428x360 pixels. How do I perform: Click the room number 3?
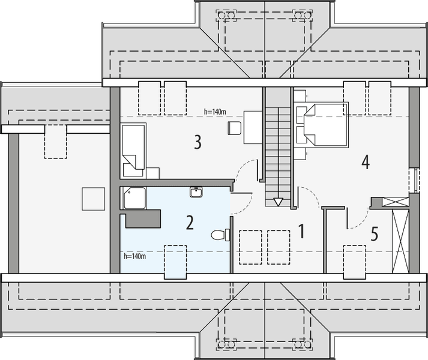tap(197, 142)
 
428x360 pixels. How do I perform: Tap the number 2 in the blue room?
tap(190, 223)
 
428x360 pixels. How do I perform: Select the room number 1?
tap(302, 231)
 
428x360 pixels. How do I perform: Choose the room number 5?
tap(374, 233)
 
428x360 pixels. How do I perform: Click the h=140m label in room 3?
tap(215, 111)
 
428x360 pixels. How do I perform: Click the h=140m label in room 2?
tap(134, 256)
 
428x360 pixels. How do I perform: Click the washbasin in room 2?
tap(196, 192)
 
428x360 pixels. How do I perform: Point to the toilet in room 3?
tap(235, 128)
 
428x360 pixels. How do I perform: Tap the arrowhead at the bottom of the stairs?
tap(278, 202)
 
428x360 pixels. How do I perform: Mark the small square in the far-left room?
tap(93, 198)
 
